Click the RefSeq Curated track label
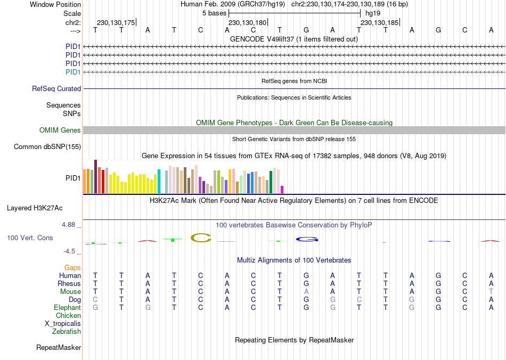[x=56, y=89]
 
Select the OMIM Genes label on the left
[x=60, y=130]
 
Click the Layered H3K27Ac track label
[x=38, y=208]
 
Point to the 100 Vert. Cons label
[x=30, y=238]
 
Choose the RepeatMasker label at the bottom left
[x=59, y=348]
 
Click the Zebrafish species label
[x=67, y=332]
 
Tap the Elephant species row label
[x=67, y=308]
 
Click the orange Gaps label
[x=72, y=267]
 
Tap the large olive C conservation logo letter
[x=201, y=238]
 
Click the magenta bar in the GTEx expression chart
[x=282, y=189]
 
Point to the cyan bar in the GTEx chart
[x=159, y=181]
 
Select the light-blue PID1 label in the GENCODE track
[x=73, y=72]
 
